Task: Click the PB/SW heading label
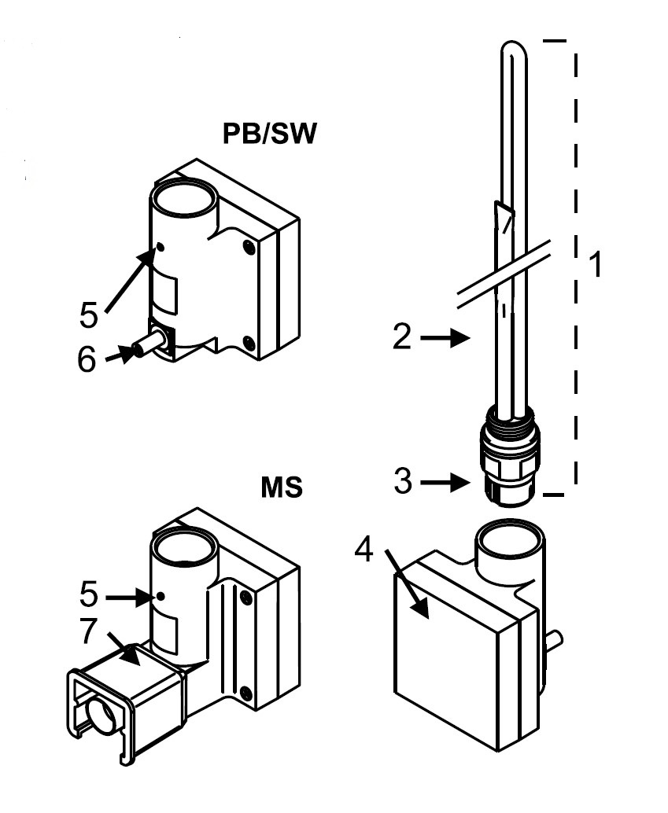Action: (x=269, y=134)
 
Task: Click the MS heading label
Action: (x=282, y=488)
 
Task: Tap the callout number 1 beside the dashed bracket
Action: (x=596, y=263)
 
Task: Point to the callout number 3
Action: (x=403, y=481)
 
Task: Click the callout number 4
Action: (x=364, y=549)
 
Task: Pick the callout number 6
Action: (x=87, y=359)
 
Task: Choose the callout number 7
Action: (x=88, y=631)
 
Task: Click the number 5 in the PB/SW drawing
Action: (x=89, y=315)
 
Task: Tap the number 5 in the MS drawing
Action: (x=89, y=594)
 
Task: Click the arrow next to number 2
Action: (x=445, y=338)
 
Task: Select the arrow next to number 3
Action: (x=445, y=484)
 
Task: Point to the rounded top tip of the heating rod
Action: (x=513, y=42)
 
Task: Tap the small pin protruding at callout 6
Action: (x=149, y=345)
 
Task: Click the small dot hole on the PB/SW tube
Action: (x=161, y=248)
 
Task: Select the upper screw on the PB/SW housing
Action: (x=249, y=248)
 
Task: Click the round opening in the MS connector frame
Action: (x=101, y=715)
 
